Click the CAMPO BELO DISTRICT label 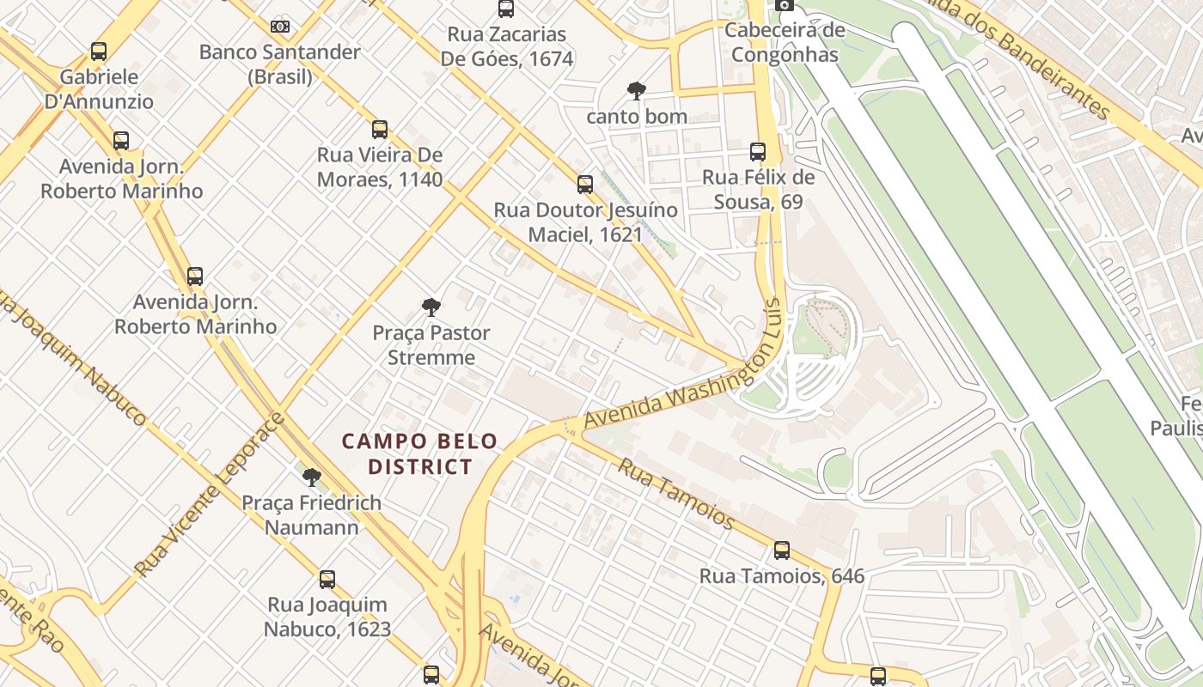point(420,453)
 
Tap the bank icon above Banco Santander point(280,27)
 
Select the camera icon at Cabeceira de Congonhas point(784,5)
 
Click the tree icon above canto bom point(636,90)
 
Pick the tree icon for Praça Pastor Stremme point(431,307)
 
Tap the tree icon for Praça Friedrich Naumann point(311,477)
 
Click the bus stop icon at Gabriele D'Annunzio point(99,52)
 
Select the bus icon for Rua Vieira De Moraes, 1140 point(380,130)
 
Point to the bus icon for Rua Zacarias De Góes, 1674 point(506,9)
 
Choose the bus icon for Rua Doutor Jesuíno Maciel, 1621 point(585,184)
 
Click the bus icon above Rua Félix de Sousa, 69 point(757,152)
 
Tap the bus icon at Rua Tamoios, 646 point(781,550)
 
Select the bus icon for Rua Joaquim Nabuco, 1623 point(327,579)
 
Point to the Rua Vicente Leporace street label point(210,495)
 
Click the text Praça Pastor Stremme point(431,344)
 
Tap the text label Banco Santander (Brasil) point(280,64)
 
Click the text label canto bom point(636,116)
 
